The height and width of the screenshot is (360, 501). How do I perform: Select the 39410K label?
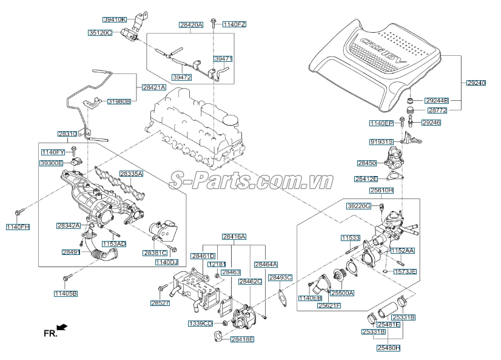click(x=114, y=19)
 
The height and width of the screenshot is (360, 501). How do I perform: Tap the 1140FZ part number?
click(x=234, y=24)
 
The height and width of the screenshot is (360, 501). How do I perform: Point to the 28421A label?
click(x=154, y=87)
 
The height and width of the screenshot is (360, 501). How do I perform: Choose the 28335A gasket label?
click(x=131, y=174)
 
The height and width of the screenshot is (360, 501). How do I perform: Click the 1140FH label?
click(x=18, y=226)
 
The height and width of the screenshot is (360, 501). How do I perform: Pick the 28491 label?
click(x=71, y=251)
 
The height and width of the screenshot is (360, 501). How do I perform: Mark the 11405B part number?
click(x=66, y=293)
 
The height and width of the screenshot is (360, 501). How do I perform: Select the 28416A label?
click(x=234, y=236)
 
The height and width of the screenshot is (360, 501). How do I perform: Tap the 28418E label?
click(x=242, y=339)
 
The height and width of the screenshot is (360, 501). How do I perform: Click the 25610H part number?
click(x=382, y=190)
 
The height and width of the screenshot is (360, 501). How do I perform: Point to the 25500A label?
click(x=343, y=293)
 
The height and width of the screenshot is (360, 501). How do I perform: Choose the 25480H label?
click(x=389, y=348)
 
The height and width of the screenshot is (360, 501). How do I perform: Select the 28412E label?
click(x=366, y=179)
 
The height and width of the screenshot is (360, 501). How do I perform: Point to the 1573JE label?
click(x=405, y=271)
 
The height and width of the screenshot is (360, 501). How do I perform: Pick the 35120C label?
click(x=100, y=32)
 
